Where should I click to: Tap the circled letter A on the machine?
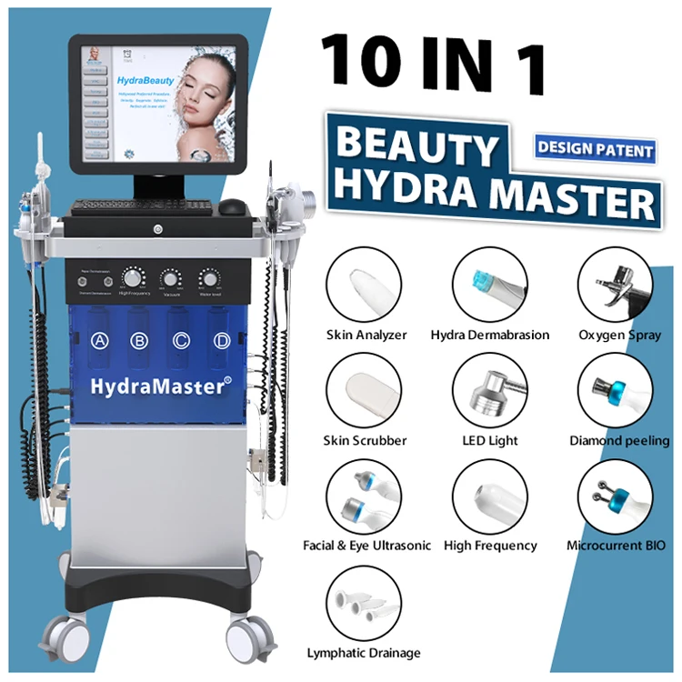point(99,341)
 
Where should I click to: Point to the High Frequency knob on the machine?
point(135,277)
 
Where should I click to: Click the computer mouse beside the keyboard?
point(233,206)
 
